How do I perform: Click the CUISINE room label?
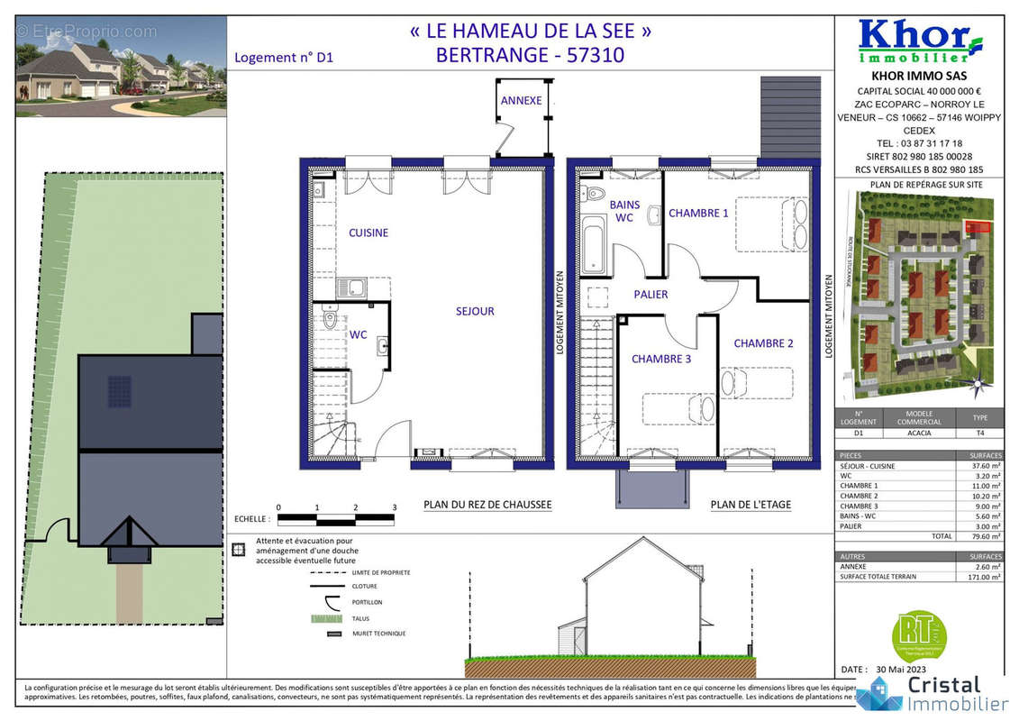pyautogui.click(x=368, y=233)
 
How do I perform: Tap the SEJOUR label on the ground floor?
pyautogui.click(x=474, y=311)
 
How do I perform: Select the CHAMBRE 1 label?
pyautogui.click(x=698, y=214)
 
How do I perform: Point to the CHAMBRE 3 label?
pyautogui.click(x=661, y=359)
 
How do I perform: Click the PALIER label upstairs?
pyautogui.click(x=651, y=294)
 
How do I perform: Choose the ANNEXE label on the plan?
pyautogui.click(x=521, y=100)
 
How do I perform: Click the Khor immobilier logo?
pyautogui.click(x=919, y=41)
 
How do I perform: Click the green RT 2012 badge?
pyautogui.click(x=917, y=634)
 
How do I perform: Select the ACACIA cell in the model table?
pyautogui.click(x=918, y=432)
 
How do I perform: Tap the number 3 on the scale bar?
pyautogui.click(x=395, y=507)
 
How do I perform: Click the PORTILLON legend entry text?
pyautogui.click(x=367, y=602)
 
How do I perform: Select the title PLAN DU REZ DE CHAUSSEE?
pyautogui.click(x=487, y=505)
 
